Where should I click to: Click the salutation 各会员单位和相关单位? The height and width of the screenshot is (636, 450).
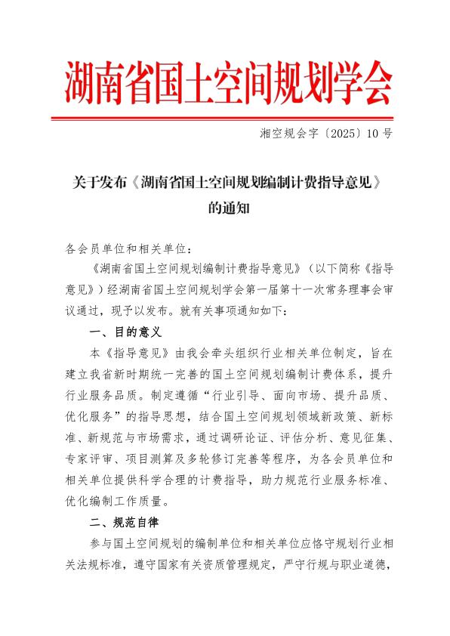coord(125,248)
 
